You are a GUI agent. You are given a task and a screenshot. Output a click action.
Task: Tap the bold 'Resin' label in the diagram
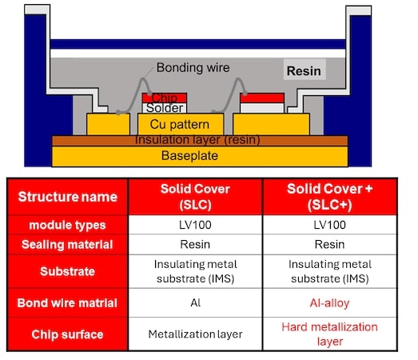(x=304, y=71)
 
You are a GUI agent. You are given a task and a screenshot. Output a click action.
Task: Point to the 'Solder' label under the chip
(x=165, y=108)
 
